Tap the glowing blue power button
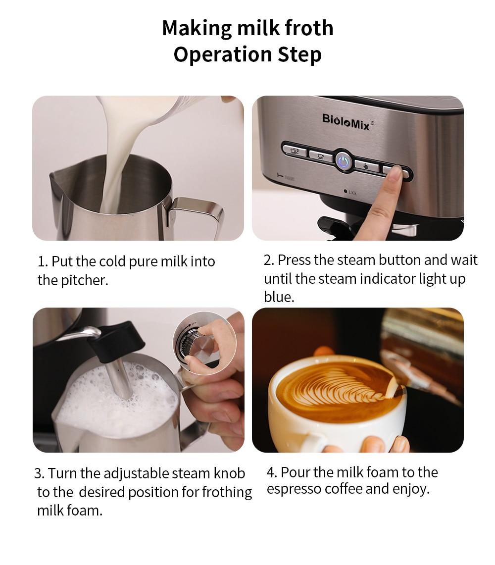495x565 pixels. [343, 161]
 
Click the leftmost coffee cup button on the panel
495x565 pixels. [294, 150]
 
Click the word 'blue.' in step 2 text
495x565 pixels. [279, 297]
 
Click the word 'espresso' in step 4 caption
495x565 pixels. [294, 489]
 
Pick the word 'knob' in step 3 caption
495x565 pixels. [229, 473]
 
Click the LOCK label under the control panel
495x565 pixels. [351, 192]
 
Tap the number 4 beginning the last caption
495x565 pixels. [270, 472]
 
